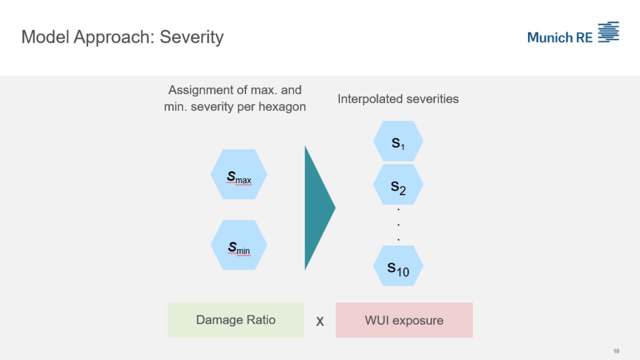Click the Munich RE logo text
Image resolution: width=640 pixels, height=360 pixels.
[x=559, y=37]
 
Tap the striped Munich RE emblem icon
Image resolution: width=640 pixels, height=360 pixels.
[x=608, y=31]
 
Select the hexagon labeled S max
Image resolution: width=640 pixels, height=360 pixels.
[x=239, y=174]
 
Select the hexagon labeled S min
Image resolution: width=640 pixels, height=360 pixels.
[x=239, y=245]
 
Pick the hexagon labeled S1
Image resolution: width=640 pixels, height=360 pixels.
[x=398, y=141]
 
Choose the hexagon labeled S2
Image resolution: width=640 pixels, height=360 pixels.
[x=398, y=184]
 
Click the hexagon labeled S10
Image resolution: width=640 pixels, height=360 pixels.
[x=398, y=266]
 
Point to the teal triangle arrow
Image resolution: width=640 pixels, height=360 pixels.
[x=317, y=207]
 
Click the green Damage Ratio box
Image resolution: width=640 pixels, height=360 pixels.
[x=235, y=320]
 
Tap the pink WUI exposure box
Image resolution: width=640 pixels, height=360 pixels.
[x=404, y=320]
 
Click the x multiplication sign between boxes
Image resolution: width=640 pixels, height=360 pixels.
[x=320, y=321]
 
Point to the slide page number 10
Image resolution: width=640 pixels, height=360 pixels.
[x=616, y=350]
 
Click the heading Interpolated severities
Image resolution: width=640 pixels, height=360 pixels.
[x=398, y=99]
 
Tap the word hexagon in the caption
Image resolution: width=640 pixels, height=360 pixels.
[x=283, y=107]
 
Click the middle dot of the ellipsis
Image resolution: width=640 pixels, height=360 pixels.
[x=398, y=224]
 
